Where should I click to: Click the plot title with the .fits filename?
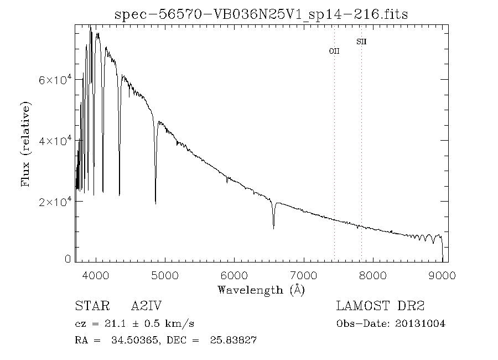(x=261, y=14)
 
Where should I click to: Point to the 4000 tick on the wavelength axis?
(x=96, y=275)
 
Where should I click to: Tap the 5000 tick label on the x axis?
(x=165, y=275)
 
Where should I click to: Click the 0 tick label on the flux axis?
(x=68, y=259)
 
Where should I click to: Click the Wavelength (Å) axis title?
(x=261, y=290)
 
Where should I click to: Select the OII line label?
(x=334, y=51)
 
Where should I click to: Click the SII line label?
(x=361, y=42)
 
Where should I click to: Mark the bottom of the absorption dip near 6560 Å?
(x=273, y=228)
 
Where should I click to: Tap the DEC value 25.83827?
(x=232, y=340)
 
